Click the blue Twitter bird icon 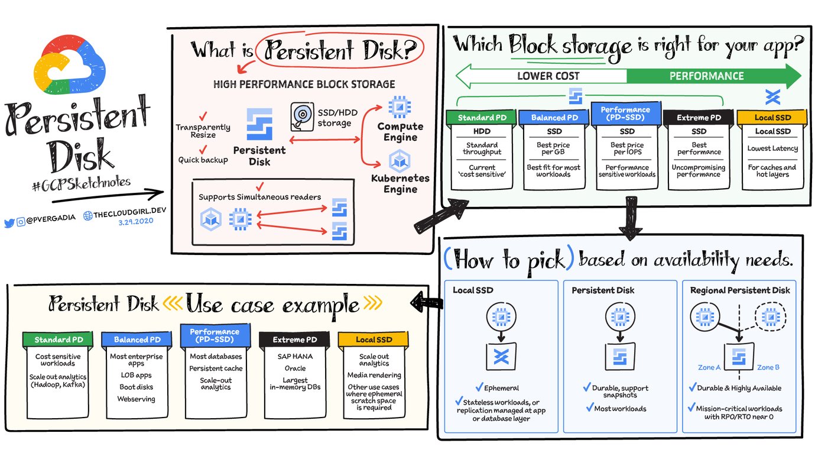9,223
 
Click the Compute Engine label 400,132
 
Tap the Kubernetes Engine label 400,183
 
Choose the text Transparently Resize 203,131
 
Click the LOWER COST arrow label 548,76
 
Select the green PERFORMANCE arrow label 706,76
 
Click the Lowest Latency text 772,148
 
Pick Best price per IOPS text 626,148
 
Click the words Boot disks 136,387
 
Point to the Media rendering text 374,375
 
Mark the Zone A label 709,367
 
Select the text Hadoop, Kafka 57,385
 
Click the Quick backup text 203,160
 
